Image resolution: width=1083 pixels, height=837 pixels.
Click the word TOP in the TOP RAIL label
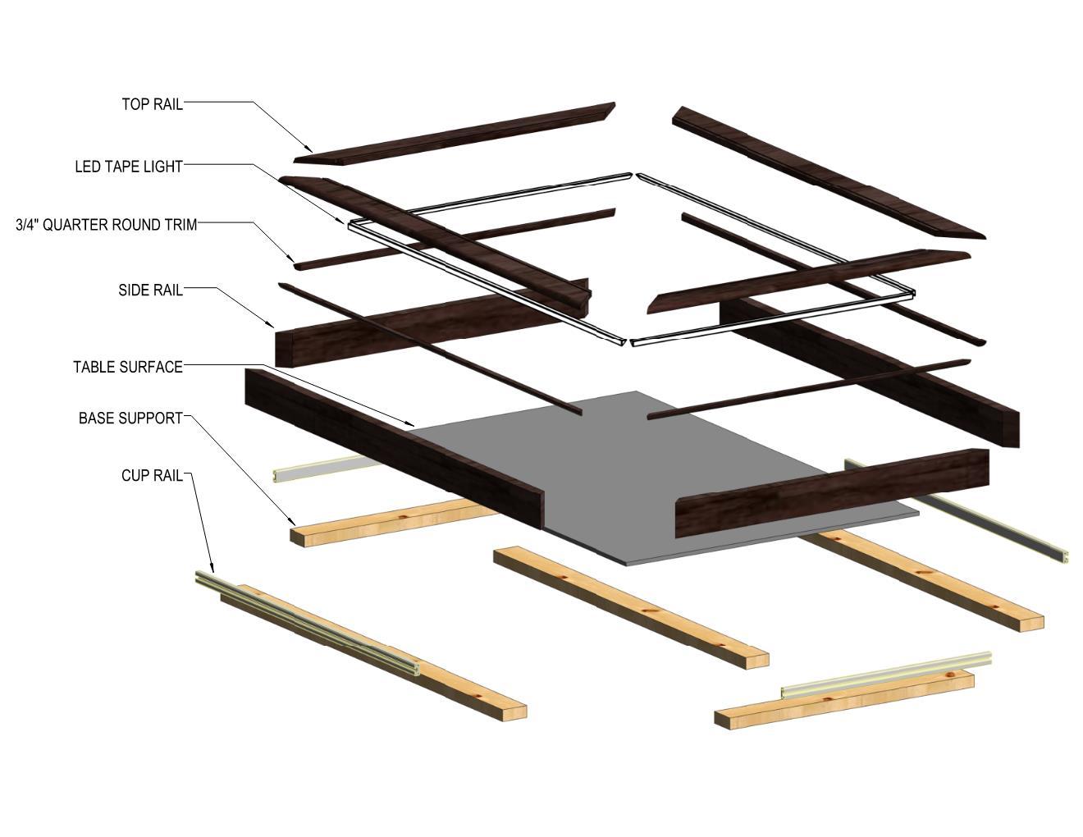point(135,104)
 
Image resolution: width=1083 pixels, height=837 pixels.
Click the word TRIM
point(180,225)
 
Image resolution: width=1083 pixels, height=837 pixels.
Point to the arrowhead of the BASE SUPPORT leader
point(293,522)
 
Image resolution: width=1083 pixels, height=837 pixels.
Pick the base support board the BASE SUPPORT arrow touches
point(394,520)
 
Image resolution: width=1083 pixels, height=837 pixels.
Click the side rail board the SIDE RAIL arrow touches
point(427,324)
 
